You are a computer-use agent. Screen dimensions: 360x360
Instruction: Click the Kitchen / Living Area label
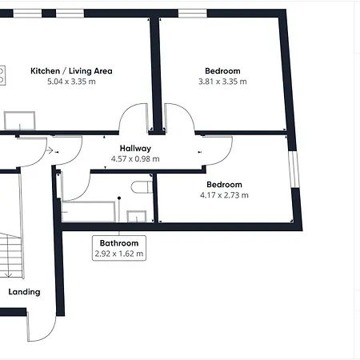tap(71, 71)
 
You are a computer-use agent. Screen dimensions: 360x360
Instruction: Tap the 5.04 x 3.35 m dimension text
tap(71, 82)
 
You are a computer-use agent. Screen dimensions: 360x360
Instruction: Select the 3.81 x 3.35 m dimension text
tap(222, 82)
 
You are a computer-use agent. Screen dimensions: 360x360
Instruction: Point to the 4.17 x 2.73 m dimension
tap(224, 195)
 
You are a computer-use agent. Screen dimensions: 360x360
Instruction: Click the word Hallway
tap(135, 149)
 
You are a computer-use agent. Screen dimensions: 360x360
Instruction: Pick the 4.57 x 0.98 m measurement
tap(135, 159)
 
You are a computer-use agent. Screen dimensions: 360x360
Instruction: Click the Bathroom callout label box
tap(119, 248)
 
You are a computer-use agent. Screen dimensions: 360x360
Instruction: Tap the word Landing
tap(24, 292)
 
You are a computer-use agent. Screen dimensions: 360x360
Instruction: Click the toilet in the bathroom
tap(142, 187)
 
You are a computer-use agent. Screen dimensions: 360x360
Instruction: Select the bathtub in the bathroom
tap(89, 211)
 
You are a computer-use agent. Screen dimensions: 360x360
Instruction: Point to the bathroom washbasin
tap(137, 216)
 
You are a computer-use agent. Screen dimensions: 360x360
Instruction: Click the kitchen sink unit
tap(19, 121)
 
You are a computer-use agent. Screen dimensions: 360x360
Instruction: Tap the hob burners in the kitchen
tap(2, 75)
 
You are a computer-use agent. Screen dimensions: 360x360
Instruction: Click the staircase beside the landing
tap(10, 255)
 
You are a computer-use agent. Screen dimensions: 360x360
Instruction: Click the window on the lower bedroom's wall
tap(294, 170)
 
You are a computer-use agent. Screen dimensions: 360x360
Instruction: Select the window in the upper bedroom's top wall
tap(193, 14)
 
